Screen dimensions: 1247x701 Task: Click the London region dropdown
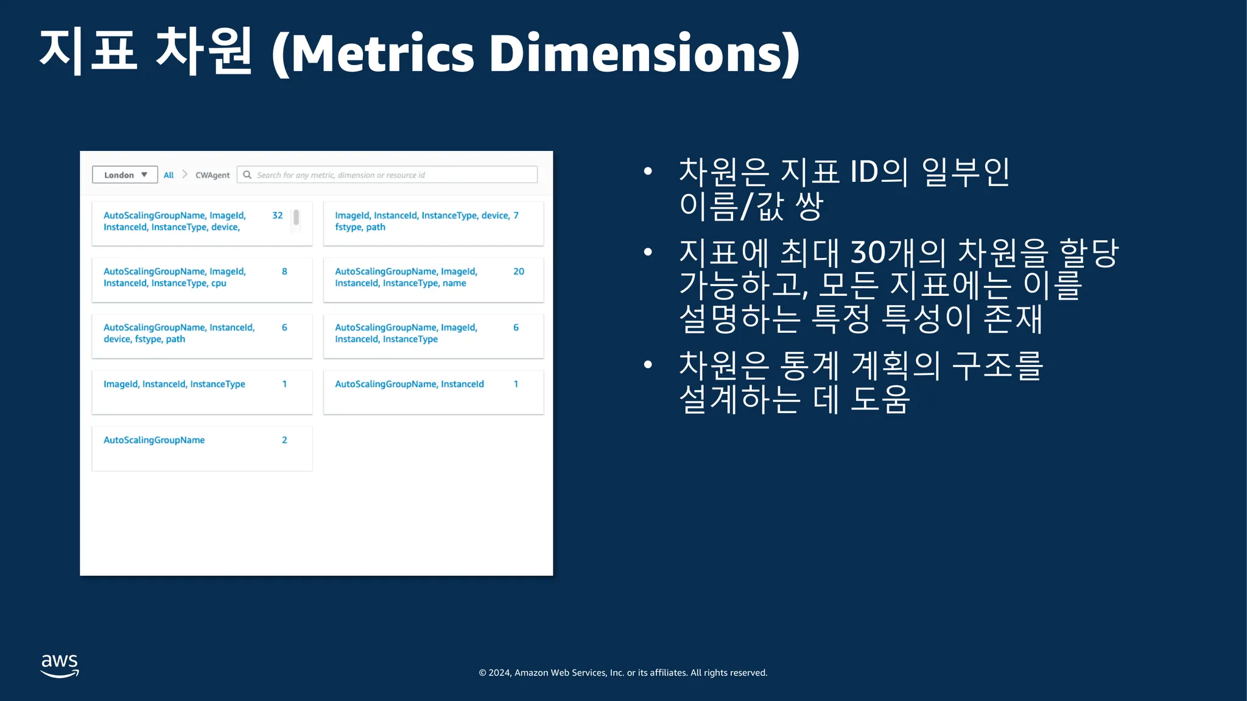click(125, 175)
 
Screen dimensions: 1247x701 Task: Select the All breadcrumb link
click(169, 175)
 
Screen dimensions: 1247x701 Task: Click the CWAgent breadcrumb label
click(213, 175)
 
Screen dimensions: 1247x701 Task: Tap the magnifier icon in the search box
click(247, 175)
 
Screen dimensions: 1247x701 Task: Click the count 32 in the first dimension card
click(278, 215)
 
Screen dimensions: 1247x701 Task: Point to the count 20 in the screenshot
click(519, 271)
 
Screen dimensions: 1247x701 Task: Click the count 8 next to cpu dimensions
click(284, 271)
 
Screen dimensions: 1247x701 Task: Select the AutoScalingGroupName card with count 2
click(202, 448)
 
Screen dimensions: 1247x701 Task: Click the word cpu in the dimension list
click(219, 284)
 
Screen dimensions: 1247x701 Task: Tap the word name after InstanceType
click(454, 283)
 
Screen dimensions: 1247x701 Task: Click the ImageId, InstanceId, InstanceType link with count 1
click(174, 384)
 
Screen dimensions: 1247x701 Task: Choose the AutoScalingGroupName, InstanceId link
click(409, 384)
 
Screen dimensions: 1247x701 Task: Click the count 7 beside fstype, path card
click(516, 215)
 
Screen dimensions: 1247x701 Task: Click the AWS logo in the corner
click(60, 666)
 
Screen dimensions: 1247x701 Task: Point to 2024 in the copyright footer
click(499, 673)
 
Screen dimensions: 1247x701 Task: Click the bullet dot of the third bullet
click(648, 364)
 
